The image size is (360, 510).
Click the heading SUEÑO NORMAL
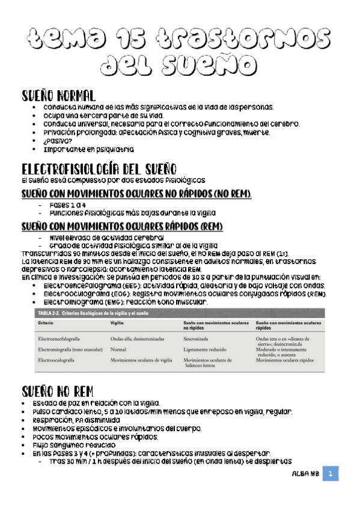pos(58,96)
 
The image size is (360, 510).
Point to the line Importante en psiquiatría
pos(88,149)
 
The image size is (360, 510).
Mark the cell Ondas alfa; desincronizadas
pos(141,340)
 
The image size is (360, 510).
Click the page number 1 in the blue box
pos(330,474)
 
